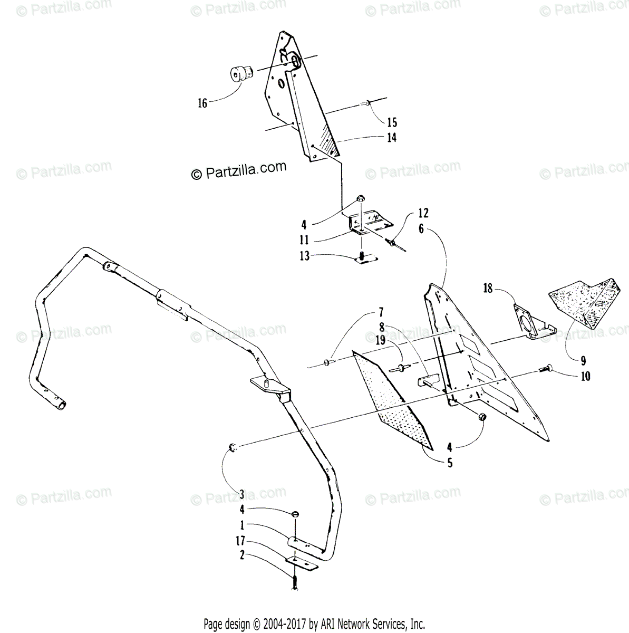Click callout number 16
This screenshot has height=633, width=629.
coord(203,103)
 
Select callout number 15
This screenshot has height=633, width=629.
coord(392,122)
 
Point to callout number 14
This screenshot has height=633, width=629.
coord(392,138)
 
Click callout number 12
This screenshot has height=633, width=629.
coord(423,213)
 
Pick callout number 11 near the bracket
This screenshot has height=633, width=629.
coord(304,240)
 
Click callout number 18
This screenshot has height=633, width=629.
coord(488,288)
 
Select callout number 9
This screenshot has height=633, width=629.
coord(583,361)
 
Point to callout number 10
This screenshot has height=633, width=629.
coord(585,377)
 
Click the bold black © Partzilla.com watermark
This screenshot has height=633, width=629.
coord(239,170)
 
